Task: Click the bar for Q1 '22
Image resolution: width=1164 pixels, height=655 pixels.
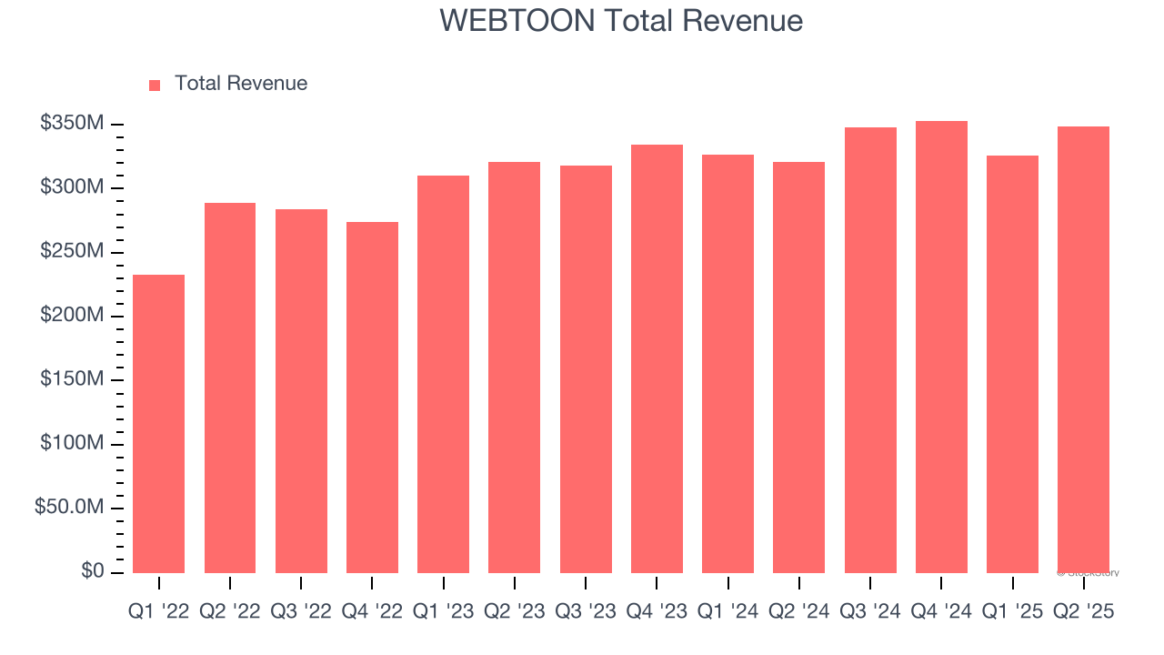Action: tap(158, 424)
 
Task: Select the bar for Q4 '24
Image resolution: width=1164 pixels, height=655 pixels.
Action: tap(941, 347)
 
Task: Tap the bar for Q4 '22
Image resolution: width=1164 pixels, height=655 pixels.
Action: tap(372, 398)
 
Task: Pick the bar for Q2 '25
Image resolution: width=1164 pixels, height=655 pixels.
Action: tap(1083, 349)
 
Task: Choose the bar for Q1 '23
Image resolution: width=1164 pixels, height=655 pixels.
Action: tap(443, 374)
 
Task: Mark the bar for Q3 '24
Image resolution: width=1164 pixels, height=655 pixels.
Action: tap(870, 350)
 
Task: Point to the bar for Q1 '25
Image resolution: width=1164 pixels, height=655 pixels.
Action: tap(1012, 364)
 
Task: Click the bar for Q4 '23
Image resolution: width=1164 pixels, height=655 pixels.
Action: tap(657, 358)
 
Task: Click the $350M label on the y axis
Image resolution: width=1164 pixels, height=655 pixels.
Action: tap(72, 123)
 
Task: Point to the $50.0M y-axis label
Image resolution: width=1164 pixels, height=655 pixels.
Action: tap(69, 507)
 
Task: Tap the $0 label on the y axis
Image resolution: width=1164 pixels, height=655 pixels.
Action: tap(93, 570)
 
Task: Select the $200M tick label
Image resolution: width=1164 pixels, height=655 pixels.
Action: tap(72, 315)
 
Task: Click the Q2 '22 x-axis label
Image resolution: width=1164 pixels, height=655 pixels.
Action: tap(229, 612)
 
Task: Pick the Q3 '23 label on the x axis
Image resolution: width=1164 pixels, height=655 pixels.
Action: tap(585, 612)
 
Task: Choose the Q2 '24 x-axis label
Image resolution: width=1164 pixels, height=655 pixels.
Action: tap(798, 612)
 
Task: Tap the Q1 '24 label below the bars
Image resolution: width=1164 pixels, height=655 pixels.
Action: tap(727, 612)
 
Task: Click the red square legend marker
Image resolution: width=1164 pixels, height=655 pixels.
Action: tap(155, 85)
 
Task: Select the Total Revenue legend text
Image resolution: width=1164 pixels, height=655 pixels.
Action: tap(240, 84)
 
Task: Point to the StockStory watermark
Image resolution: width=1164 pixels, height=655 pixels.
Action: tap(1088, 573)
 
